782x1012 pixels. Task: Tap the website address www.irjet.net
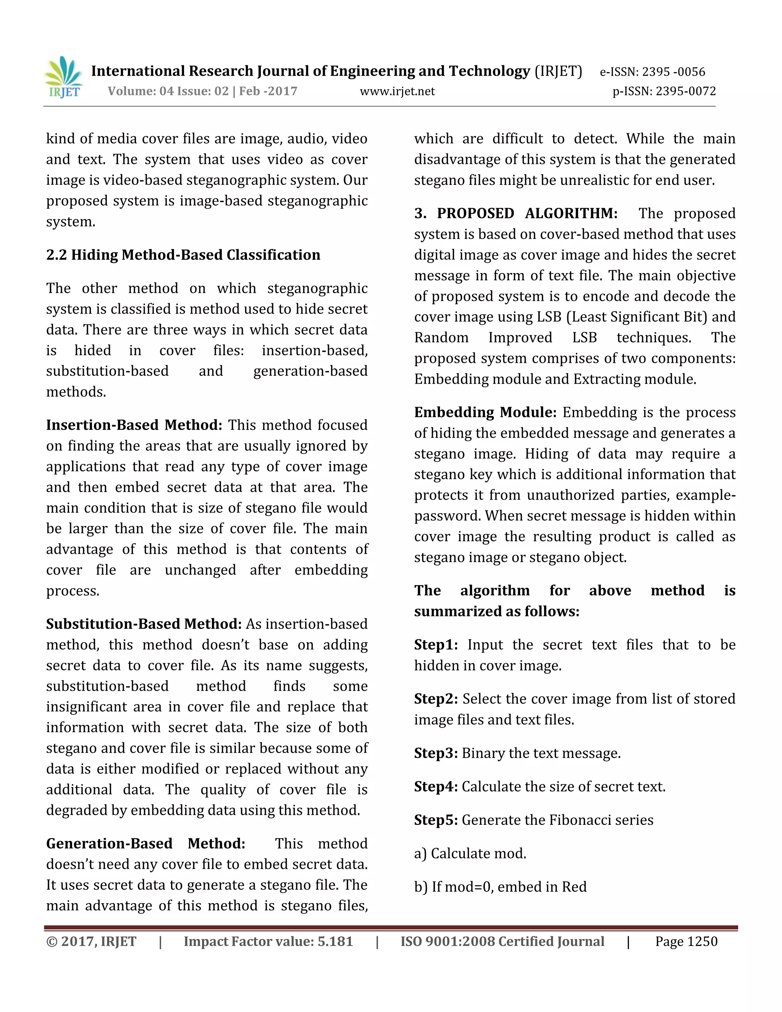pos(397,91)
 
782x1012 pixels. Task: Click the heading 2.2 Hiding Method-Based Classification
pos(183,255)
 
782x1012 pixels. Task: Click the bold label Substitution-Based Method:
pos(144,624)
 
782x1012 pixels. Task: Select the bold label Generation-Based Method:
pos(145,843)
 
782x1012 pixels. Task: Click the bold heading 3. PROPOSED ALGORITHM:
pos(515,213)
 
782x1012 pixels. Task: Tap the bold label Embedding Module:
pos(485,412)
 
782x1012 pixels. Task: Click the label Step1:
pos(435,645)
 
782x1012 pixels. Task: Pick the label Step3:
pos(435,753)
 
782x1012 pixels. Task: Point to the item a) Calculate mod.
pos(470,853)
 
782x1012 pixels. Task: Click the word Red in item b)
pos(574,886)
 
